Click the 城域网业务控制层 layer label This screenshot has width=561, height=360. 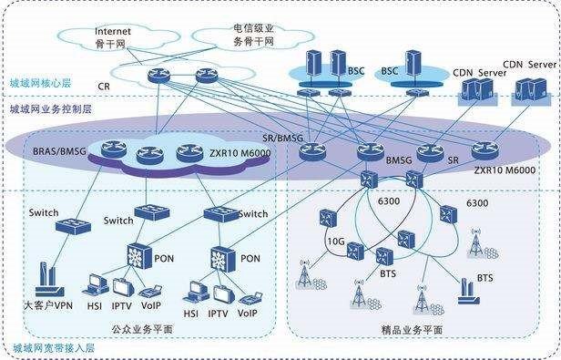[50, 108]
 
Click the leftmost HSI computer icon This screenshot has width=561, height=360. [94, 283]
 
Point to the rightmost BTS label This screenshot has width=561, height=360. [485, 277]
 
